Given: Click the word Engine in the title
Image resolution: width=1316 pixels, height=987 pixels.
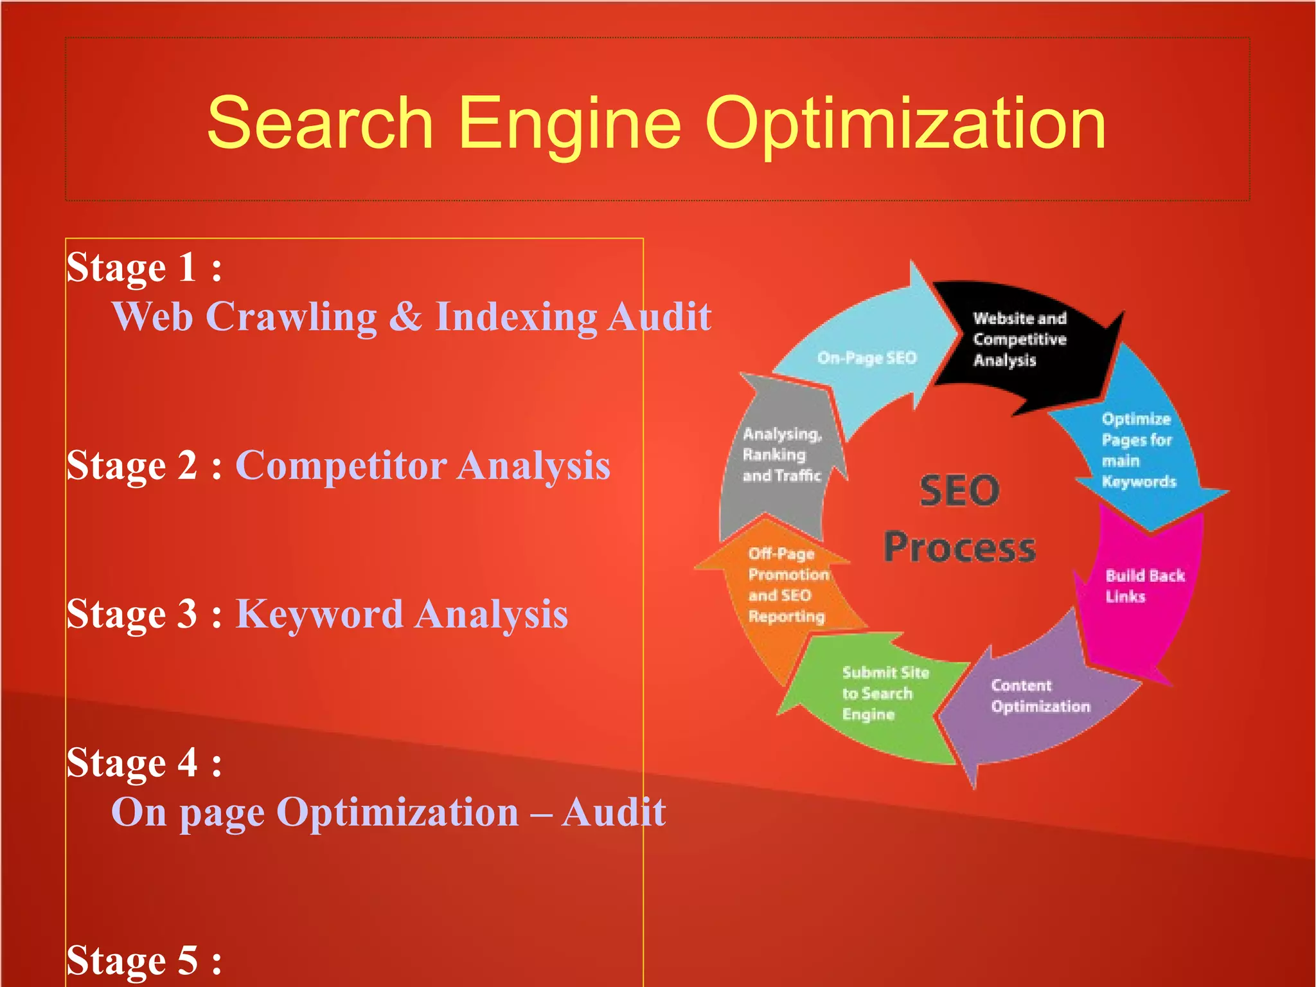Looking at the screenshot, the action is point(569,123).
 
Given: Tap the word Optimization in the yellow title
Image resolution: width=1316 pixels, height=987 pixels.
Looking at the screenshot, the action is point(905,123).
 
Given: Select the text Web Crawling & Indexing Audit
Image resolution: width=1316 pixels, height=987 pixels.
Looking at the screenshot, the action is point(411,316).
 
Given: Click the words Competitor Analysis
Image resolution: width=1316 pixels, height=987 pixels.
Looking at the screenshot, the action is point(423,465).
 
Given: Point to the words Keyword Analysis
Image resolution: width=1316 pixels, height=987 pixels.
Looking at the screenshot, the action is point(402,613).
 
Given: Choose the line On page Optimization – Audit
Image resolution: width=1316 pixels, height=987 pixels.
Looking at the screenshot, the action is point(388,812).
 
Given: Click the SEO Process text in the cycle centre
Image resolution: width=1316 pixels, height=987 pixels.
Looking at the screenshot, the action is point(959,518).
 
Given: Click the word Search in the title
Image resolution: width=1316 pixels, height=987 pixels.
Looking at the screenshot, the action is point(320,123).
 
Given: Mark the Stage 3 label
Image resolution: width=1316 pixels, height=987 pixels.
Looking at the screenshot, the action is point(144,613).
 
